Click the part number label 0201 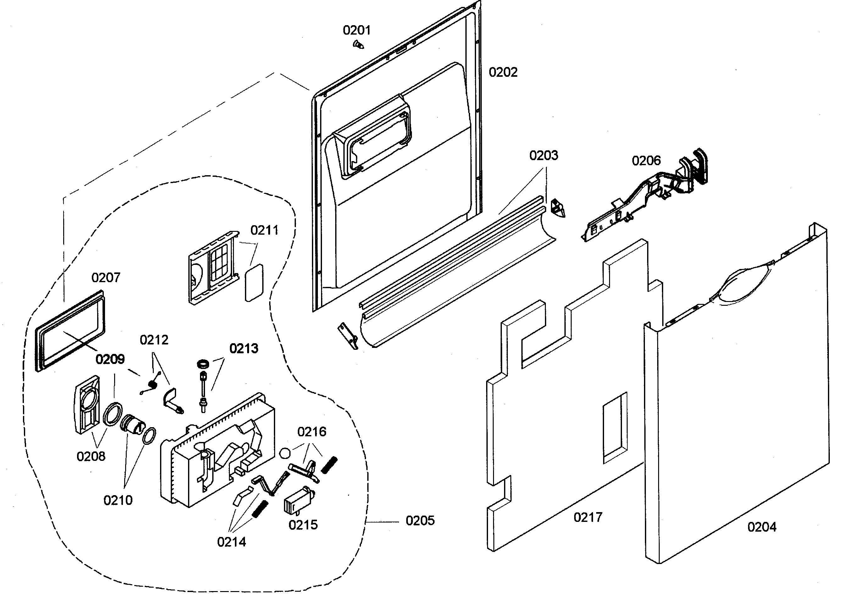pyautogui.click(x=357, y=30)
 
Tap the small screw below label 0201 pyautogui.click(x=358, y=45)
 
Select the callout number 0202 pyautogui.click(x=503, y=72)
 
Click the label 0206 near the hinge pyautogui.click(x=646, y=160)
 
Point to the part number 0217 pyautogui.click(x=588, y=517)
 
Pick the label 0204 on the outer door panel pyautogui.click(x=762, y=527)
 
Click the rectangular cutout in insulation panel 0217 pyautogui.click(x=615, y=428)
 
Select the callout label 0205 pyautogui.click(x=420, y=521)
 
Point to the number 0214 pyautogui.click(x=231, y=542)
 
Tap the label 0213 pyautogui.click(x=244, y=348)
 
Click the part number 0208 pyautogui.click(x=91, y=456)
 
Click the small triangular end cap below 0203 pyautogui.click(x=558, y=209)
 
